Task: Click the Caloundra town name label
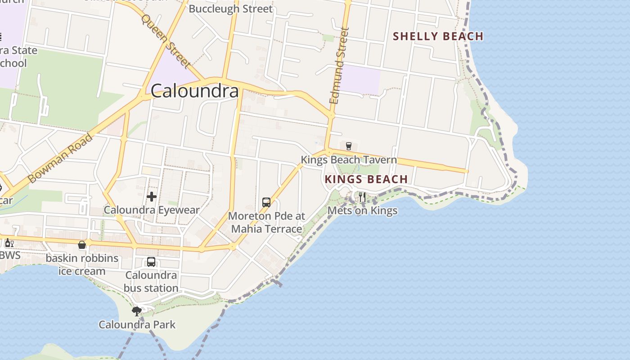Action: [194, 91]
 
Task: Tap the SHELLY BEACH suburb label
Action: [438, 36]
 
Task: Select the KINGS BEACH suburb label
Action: [366, 179]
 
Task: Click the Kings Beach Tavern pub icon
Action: [348, 146]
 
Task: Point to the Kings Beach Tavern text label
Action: [349, 160]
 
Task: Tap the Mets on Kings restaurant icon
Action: [362, 197]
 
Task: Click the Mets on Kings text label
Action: [362, 211]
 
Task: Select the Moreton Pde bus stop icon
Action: [266, 202]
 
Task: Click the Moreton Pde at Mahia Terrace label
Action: [267, 222]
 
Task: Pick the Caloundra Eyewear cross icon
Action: [152, 197]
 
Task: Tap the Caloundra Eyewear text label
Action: [152, 210]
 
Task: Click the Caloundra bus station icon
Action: [151, 262]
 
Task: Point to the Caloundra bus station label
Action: [151, 282]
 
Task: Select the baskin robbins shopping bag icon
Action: [82, 245]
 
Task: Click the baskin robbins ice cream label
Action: [82, 265]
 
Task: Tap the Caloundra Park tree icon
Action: [136, 311]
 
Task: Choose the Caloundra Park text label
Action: [137, 324]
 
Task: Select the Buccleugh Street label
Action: [230, 9]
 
